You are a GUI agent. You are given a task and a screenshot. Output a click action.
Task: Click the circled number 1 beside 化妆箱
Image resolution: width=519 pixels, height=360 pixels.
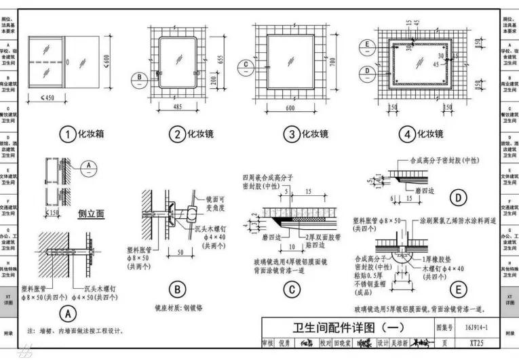point(67,134)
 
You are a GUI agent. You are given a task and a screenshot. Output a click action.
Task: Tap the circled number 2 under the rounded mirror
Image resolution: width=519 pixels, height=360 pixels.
point(177,134)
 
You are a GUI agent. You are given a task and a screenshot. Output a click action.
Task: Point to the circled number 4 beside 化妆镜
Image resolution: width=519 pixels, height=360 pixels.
point(407,134)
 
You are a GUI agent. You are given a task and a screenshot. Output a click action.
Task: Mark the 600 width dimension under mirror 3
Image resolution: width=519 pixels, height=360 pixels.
point(291,108)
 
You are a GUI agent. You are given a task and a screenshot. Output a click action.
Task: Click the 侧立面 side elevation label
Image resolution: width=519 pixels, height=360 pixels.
point(90,214)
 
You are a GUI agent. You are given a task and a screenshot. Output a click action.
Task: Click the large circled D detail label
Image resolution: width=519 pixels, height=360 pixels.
point(459,198)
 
